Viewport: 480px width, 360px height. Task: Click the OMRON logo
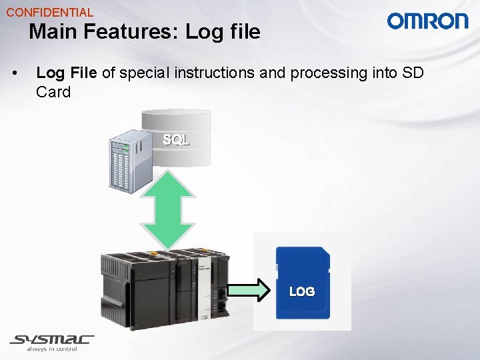427,21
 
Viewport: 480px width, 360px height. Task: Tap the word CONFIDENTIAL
50,12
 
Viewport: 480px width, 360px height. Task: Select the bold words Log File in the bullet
66,73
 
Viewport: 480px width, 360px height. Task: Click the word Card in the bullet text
53,92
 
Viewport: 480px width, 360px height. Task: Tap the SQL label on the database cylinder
176,140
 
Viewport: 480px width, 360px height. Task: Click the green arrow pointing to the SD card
249,290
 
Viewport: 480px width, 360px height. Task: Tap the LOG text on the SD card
301,291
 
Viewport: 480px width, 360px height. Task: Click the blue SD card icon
302,280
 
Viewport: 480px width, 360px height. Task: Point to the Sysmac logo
52,339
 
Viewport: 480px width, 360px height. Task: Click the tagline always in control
52,349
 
